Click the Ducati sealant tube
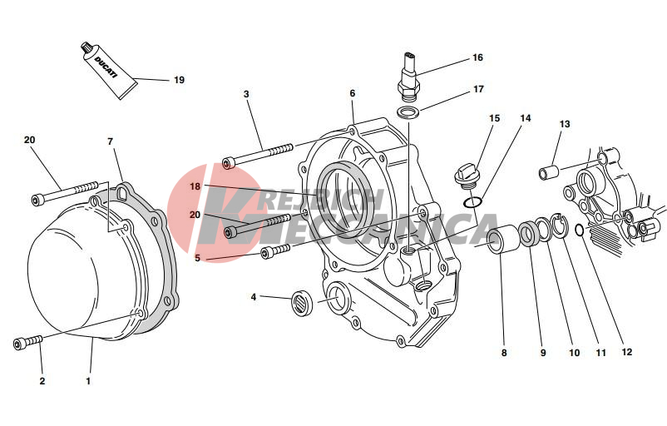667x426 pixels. [x=109, y=71]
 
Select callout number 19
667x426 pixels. [x=179, y=80]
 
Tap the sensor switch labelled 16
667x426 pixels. [x=409, y=77]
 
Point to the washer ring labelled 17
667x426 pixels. [x=408, y=112]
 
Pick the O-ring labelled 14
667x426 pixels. [x=472, y=202]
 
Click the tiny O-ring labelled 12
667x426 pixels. [x=579, y=230]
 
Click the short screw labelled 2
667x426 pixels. [x=28, y=342]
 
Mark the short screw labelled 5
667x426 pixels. [x=275, y=250]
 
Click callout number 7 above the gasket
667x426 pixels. [x=110, y=141]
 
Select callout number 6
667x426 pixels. [x=353, y=94]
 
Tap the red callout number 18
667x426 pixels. [x=195, y=186]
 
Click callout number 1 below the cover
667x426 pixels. [x=88, y=381]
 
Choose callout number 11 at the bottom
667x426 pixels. [x=600, y=353]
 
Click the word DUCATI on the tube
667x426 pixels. [x=105, y=67]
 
